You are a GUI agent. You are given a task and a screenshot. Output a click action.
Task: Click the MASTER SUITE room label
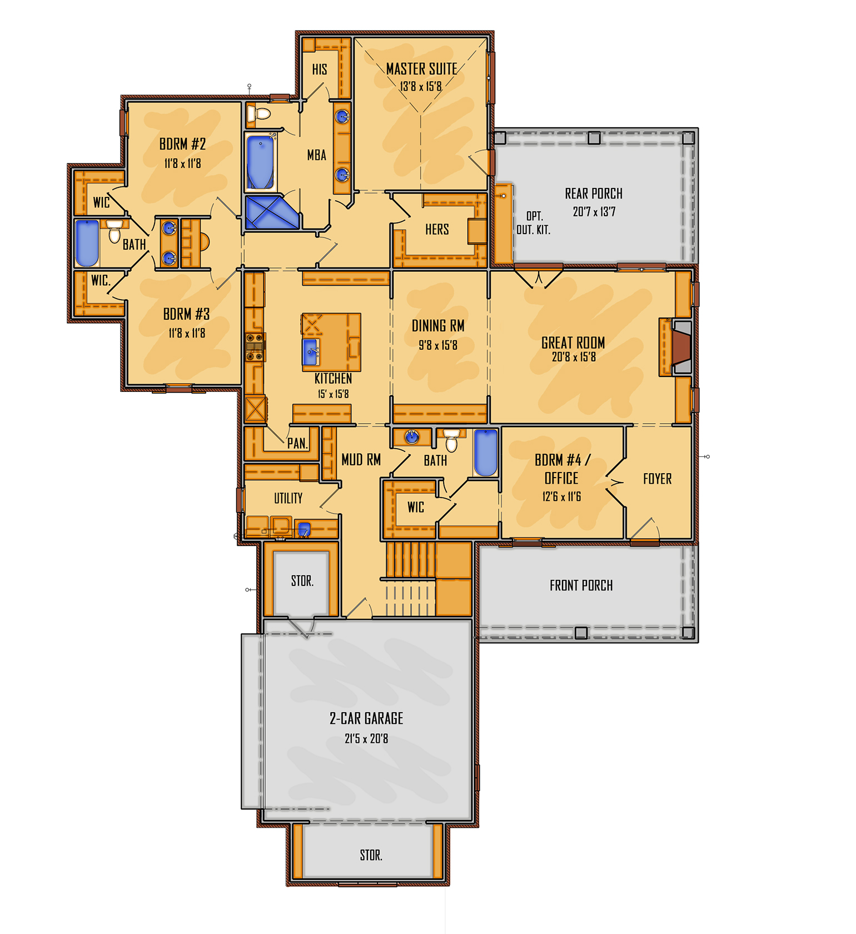pyautogui.click(x=421, y=69)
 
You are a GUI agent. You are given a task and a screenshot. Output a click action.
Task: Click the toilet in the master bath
pyautogui.click(x=258, y=114)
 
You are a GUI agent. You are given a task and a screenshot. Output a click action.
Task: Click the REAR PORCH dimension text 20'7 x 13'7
pyautogui.click(x=594, y=212)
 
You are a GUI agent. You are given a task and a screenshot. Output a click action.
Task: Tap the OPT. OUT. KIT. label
pyautogui.click(x=534, y=223)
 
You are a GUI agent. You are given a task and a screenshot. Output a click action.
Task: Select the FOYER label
pyautogui.click(x=657, y=479)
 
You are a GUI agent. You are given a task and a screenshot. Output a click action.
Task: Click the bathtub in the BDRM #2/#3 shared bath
pyautogui.click(x=87, y=244)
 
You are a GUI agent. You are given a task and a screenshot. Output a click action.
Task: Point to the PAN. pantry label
pyautogui.click(x=297, y=443)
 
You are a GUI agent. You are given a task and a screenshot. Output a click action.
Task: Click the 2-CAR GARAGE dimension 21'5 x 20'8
pyautogui.click(x=366, y=739)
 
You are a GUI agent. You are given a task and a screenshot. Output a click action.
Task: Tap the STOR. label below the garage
pyautogui.click(x=371, y=855)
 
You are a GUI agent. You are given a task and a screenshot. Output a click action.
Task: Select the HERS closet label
pyautogui.click(x=437, y=229)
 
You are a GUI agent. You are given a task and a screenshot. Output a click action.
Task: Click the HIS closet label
pyautogui.click(x=320, y=69)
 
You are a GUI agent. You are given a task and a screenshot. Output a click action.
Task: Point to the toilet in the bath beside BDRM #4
pyautogui.click(x=451, y=440)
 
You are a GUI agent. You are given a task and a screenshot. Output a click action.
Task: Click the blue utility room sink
pyautogui.click(x=304, y=529)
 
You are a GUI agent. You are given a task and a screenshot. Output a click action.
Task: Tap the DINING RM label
pyautogui.click(x=438, y=326)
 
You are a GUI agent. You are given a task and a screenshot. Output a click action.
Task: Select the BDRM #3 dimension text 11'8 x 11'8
pyautogui.click(x=187, y=334)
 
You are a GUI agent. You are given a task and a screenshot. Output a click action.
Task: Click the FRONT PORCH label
pyautogui.click(x=581, y=585)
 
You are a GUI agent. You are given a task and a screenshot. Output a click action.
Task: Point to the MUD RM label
pyautogui.click(x=361, y=460)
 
